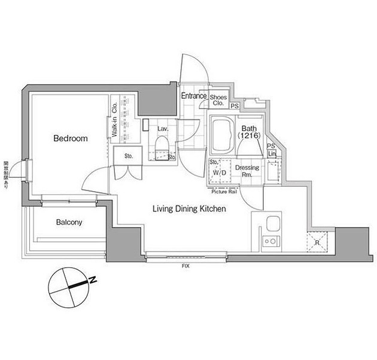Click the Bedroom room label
[70, 138]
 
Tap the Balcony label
[69, 222]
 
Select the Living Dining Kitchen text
[188, 209]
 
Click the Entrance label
[194, 96]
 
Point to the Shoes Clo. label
[218, 99]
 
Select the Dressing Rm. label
[247, 171]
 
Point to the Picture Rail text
[224, 192]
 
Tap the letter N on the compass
[92, 280]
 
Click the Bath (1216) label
[248, 132]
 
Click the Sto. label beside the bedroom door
[129, 156]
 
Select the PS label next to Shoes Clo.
[235, 106]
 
